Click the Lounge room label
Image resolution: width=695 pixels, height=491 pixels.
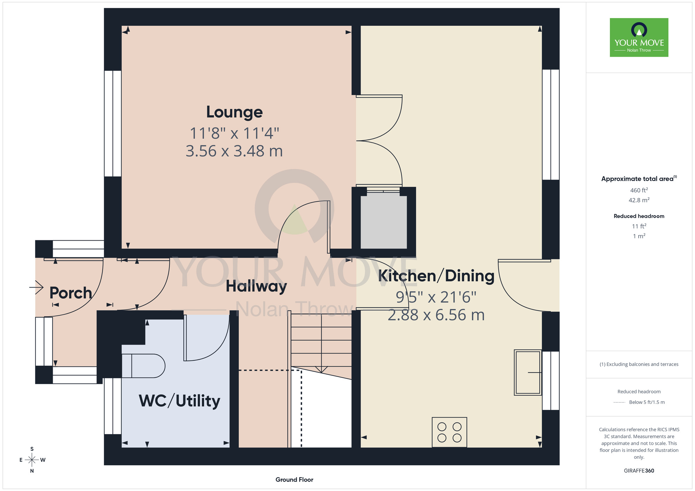coord(235,112)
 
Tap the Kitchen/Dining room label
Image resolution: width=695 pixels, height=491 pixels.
coord(436,276)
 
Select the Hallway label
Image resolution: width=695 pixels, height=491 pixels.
coord(256,286)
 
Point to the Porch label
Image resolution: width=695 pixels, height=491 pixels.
coord(71,293)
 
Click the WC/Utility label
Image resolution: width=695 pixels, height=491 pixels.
coord(180,401)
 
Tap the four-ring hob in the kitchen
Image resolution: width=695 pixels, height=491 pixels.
coord(449,432)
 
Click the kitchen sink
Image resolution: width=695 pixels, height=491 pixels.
coord(528,372)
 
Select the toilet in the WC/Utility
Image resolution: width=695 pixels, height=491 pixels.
coord(143,366)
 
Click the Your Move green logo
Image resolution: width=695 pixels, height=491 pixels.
coord(639,38)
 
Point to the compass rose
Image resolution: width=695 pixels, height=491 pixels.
coord(32,460)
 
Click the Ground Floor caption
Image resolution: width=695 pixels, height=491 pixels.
coord(294,480)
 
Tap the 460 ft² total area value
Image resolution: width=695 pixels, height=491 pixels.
coord(639,190)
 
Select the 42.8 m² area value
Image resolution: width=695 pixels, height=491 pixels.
coord(639,200)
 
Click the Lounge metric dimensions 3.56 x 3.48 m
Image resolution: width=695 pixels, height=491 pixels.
coord(234,151)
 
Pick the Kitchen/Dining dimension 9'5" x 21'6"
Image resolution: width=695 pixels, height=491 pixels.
coord(436,297)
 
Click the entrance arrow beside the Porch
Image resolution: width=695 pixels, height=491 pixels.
coord(36,287)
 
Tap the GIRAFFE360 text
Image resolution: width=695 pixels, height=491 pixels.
coord(639,471)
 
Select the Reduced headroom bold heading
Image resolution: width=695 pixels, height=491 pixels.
coord(639,216)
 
